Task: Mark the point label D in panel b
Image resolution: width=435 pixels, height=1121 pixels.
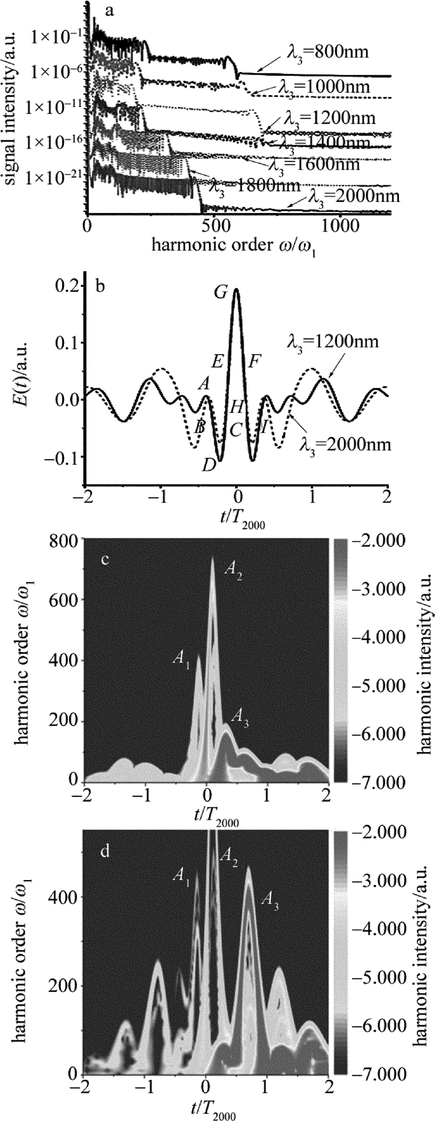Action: pos(208,465)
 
